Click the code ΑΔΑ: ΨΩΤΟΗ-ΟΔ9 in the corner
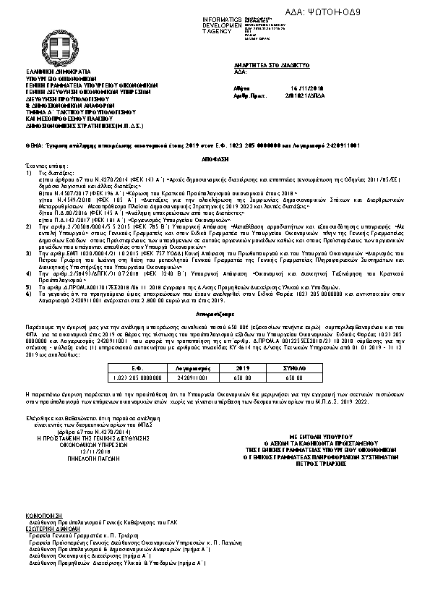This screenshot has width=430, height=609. (x=384, y=12)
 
